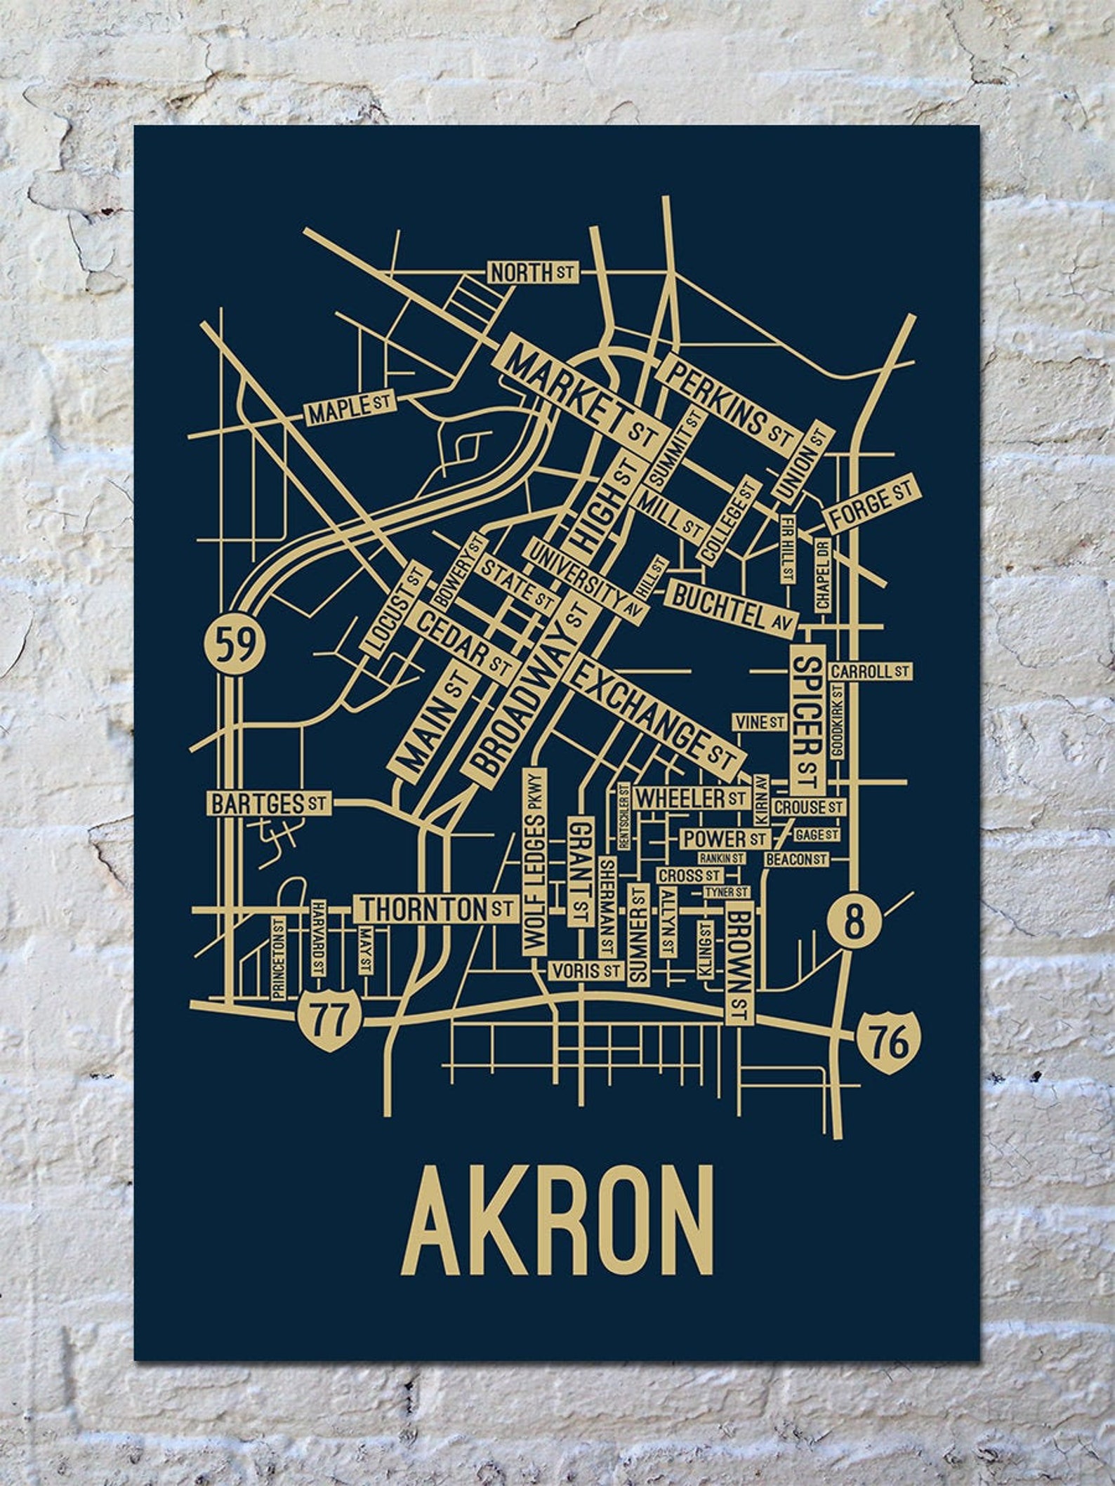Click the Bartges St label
[x=268, y=802]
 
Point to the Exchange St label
[x=652, y=715]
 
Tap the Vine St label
[x=759, y=722]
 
